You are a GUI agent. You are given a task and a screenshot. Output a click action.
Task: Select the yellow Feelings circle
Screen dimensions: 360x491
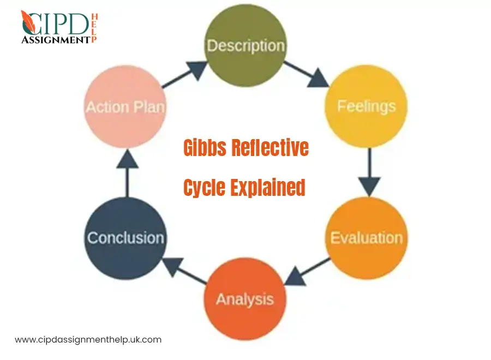(366, 106)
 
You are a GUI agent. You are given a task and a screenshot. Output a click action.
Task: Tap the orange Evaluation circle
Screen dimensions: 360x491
(366, 238)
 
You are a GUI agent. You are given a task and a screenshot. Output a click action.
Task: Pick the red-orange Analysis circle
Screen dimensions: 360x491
(244, 299)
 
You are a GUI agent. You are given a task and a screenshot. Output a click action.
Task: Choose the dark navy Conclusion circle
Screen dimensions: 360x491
(125, 238)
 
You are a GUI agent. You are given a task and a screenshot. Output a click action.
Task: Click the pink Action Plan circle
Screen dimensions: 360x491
(125, 106)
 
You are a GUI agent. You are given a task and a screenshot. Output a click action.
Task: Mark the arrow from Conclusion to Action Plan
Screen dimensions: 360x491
(127, 172)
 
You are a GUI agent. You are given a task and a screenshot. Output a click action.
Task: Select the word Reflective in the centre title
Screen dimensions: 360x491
(271, 148)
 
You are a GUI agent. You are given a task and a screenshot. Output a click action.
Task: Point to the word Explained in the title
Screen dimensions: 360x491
(267, 187)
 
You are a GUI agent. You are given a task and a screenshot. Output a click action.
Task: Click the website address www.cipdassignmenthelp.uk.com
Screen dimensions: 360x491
(88, 339)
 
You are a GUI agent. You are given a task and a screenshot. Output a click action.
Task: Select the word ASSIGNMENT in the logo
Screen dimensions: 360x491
(55, 39)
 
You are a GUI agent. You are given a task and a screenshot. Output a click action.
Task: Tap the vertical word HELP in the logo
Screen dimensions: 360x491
(93, 28)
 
